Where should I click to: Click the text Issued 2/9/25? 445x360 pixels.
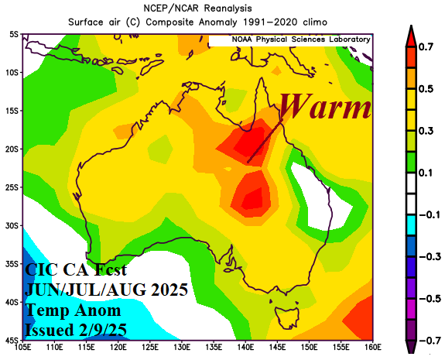[80, 330]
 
